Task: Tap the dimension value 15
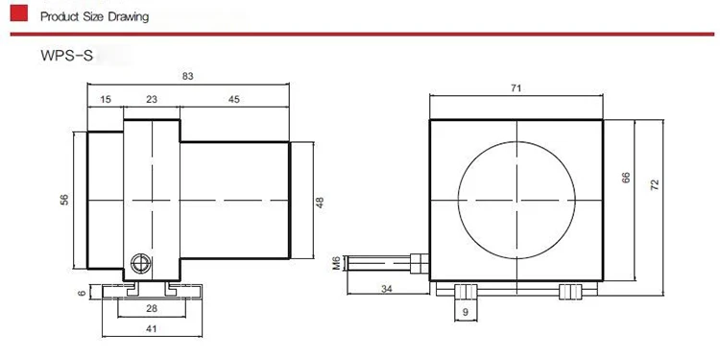click(105, 99)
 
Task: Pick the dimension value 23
click(151, 99)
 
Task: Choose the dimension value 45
click(235, 99)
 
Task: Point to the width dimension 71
click(516, 88)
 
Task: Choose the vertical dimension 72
click(655, 187)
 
